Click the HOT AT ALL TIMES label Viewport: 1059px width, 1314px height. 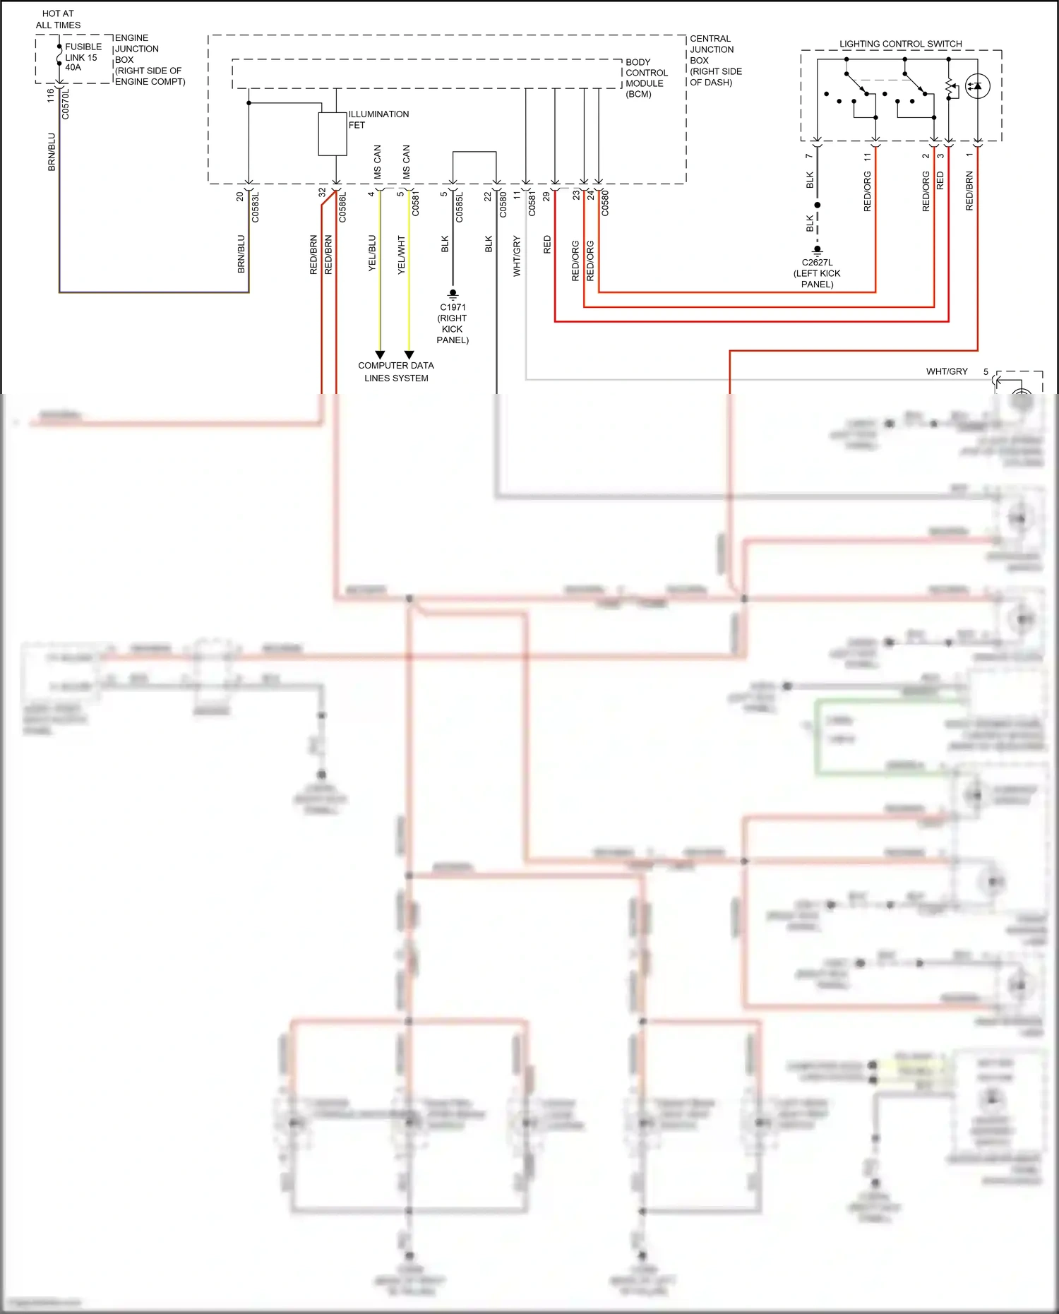[58, 19]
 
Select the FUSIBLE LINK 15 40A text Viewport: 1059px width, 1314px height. [83, 57]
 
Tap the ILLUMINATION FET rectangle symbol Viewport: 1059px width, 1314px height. [333, 133]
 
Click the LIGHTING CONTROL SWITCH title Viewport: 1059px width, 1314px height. [900, 44]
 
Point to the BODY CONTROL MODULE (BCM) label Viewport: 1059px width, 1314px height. [645, 78]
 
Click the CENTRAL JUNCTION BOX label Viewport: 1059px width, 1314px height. [715, 60]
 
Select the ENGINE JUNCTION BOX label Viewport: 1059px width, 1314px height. [149, 59]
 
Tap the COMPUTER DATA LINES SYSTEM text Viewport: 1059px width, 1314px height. [395, 371]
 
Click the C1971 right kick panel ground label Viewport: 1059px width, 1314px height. [453, 323]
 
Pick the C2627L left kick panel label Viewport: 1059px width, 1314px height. [817, 273]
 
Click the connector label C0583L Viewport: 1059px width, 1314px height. [256, 207]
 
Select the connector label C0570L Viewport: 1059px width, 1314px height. [66, 103]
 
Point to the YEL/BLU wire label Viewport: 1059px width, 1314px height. [372, 253]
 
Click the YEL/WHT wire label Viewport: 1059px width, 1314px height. [401, 255]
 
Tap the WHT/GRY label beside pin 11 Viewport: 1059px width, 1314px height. [517, 256]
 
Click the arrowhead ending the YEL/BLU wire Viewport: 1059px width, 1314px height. [380, 354]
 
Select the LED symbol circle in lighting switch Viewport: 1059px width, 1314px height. [977, 86]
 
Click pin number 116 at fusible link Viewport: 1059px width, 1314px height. [50, 95]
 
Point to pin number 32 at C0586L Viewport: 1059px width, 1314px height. [322, 192]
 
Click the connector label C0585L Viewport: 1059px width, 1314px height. [459, 207]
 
